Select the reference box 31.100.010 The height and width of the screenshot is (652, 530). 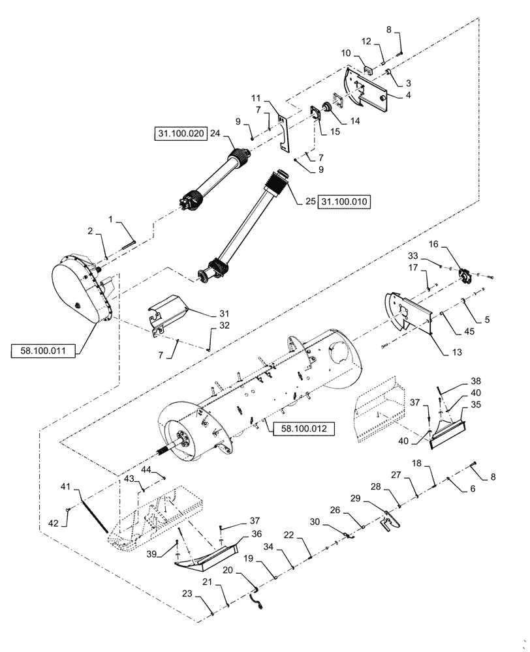pos(344,202)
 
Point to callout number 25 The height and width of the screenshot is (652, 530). pos(309,202)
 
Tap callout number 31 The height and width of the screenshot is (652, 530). pos(223,312)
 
